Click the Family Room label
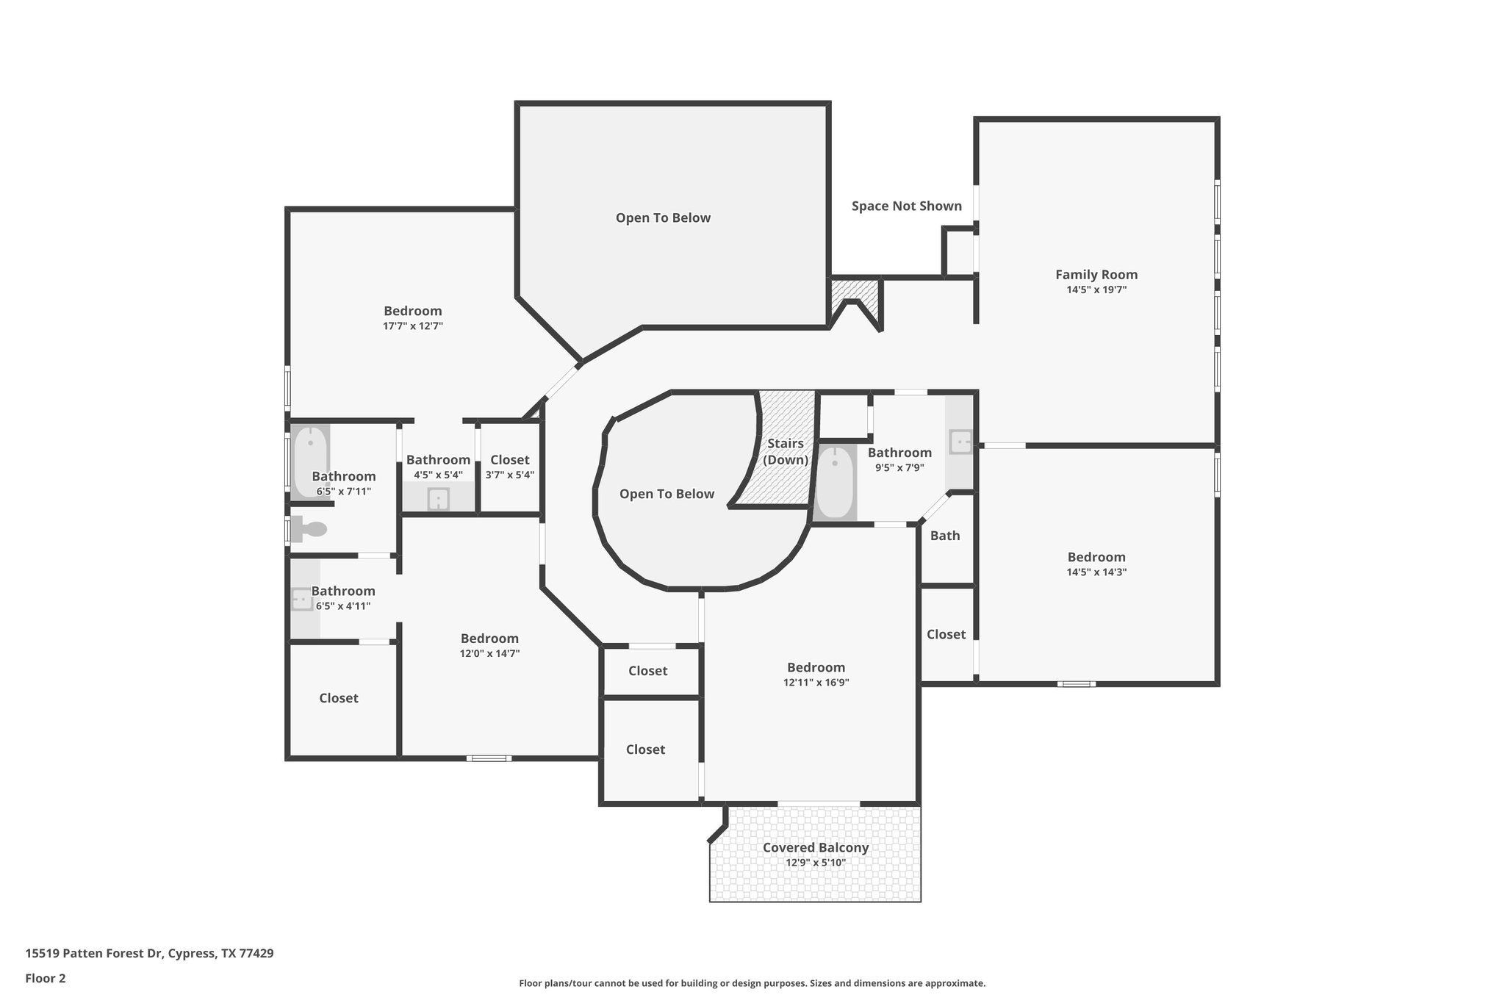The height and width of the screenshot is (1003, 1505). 1096,275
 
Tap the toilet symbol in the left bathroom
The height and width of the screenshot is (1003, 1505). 309,529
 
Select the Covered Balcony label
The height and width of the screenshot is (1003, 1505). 815,847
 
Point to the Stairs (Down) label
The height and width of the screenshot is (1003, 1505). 785,452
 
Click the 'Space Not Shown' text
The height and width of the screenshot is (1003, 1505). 906,206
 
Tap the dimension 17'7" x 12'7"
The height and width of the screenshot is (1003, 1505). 412,326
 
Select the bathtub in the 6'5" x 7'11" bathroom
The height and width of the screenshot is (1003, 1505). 310,461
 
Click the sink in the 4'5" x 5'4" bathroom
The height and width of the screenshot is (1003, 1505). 438,499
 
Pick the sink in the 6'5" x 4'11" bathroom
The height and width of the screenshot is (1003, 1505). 302,599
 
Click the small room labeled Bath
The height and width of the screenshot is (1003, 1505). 945,536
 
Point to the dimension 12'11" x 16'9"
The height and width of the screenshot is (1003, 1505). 816,683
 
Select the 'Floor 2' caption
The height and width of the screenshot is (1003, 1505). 46,978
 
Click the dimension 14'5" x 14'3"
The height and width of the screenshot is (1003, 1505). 1096,572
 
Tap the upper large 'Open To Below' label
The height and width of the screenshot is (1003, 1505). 663,218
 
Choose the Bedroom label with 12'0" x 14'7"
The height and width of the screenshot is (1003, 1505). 489,639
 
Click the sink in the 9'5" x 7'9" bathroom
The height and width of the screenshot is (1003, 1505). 960,442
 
